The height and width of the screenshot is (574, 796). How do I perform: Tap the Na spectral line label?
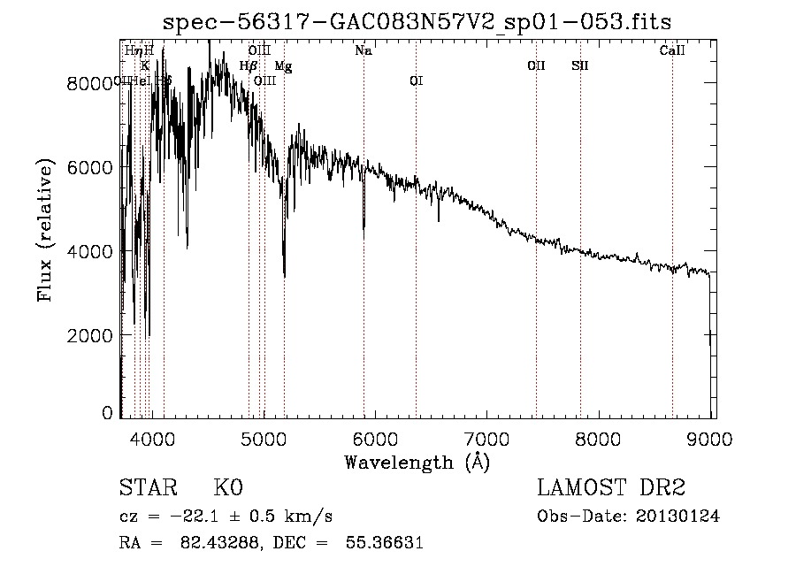pyautogui.click(x=363, y=50)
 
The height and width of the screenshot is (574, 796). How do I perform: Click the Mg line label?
pyautogui.click(x=283, y=65)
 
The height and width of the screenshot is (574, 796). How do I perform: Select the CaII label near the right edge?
pyautogui.click(x=672, y=50)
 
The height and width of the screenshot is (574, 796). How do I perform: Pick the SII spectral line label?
pyautogui.click(x=580, y=65)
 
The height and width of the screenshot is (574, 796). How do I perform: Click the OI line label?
pyautogui.click(x=416, y=80)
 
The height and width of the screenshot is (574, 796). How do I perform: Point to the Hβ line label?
pyautogui.click(x=249, y=65)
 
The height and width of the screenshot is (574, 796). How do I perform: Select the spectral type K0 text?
pyautogui.click(x=229, y=488)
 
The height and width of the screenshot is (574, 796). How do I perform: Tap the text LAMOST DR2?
pyautogui.click(x=611, y=488)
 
